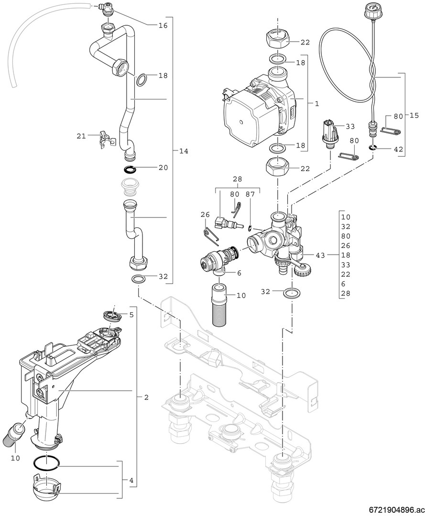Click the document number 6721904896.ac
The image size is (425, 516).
(396, 508)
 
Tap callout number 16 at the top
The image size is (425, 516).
(163, 25)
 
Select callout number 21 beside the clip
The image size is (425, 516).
(81, 136)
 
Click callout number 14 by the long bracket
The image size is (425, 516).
(184, 151)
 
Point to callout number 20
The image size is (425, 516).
(163, 167)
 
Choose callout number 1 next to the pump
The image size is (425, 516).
(317, 103)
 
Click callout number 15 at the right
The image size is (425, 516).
(414, 115)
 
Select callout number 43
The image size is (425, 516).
(320, 256)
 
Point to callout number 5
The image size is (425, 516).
(131, 315)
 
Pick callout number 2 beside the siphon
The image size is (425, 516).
(146, 397)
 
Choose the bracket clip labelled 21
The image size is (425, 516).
(107, 139)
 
